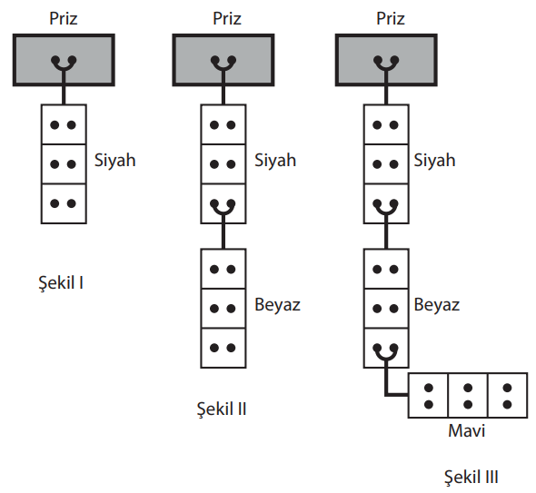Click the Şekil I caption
click(61, 283)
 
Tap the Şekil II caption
click(222, 409)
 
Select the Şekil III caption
click(471, 477)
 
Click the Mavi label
click(466, 430)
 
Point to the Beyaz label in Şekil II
click(277, 305)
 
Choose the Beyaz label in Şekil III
click(437, 305)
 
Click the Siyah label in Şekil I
click(114, 161)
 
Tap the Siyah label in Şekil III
click(434, 161)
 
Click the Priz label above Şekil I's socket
click(64, 18)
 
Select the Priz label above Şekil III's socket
click(391, 18)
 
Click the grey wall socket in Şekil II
click(223, 60)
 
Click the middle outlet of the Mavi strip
click(468, 395)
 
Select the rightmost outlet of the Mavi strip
click(508, 395)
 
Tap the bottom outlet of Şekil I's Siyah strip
click(64, 203)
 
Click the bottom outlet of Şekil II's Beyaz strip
click(223, 348)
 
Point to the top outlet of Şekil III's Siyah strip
click(386, 124)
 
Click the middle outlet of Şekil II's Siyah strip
click(223, 164)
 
